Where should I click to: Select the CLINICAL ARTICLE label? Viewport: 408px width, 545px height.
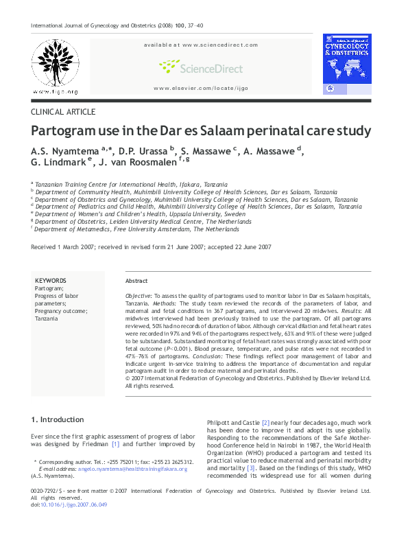point(63,112)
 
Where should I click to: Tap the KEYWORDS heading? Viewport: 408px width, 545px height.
point(50,281)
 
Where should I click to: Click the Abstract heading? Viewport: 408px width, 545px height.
point(136,281)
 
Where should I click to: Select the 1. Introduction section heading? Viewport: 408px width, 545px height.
point(58,419)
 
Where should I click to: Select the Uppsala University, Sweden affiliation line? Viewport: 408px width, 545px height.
point(140,213)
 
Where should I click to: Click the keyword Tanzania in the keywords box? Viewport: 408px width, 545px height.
point(47,319)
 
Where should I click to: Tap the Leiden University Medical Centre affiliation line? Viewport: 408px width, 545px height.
point(143,221)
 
